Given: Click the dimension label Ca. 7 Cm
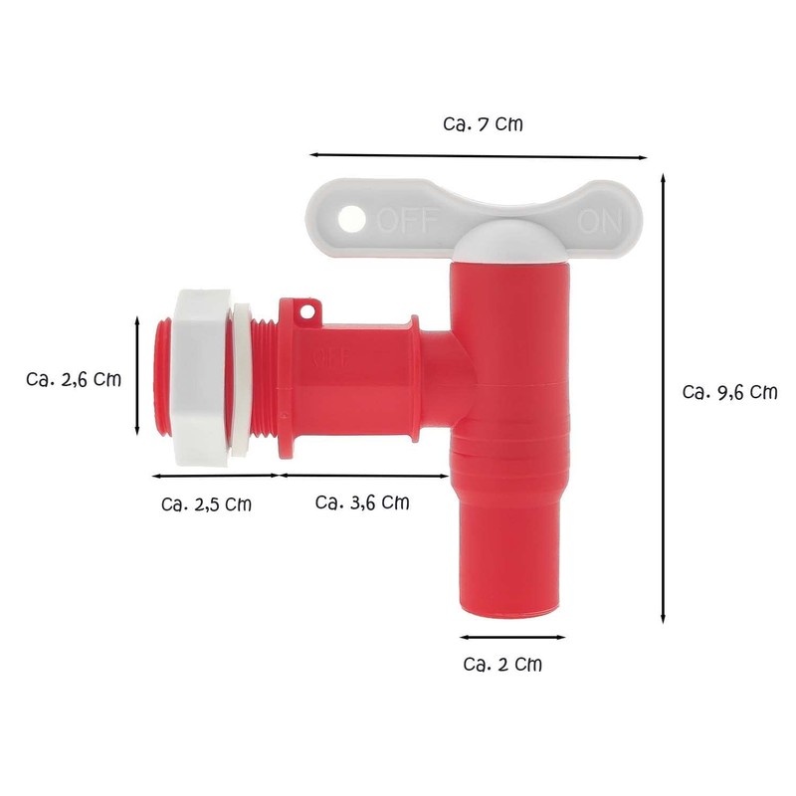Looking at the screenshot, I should (x=482, y=125).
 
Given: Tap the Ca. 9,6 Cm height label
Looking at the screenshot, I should (x=729, y=392).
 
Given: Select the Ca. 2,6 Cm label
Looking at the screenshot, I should (x=75, y=379).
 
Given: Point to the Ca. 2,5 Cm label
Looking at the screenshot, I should (x=206, y=503).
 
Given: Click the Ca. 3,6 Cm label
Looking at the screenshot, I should (x=362, y=502).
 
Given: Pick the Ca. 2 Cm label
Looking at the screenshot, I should (x=503, y=664).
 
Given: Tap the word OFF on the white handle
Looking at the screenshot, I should (x=401, y=217).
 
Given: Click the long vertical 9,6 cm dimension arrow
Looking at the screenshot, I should (x=664, y=398).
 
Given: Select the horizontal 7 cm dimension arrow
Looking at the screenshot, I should (x=479, y=155).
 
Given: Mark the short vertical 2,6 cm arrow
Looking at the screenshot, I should (x=136, y=375).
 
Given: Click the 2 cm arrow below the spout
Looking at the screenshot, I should (x=512, y=636).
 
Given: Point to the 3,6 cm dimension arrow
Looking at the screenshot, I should (x=363, y=476).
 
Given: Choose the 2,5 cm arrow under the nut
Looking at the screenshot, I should (x=213, y=476).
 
